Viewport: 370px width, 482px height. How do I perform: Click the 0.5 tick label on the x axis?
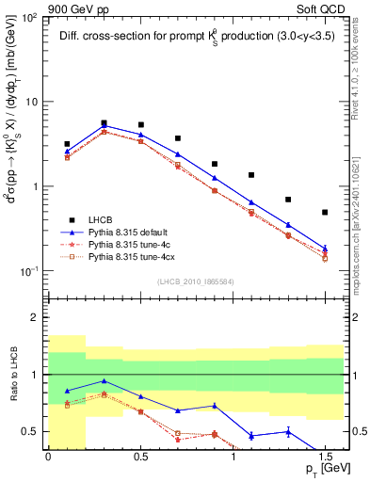coord(140,455)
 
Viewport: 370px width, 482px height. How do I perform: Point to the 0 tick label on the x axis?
coord(48,455)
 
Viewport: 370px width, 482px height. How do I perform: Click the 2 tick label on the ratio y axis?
coord(35,318)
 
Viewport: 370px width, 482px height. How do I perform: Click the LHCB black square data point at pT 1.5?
coord(325,213)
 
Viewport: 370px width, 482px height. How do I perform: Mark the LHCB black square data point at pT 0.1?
coord(67,144)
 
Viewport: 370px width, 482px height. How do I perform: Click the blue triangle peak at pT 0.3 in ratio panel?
coord(104,381)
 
